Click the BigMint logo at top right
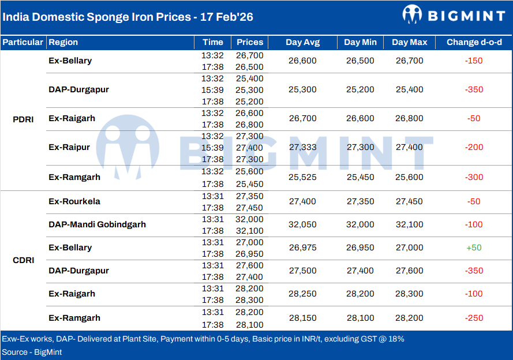point(453,15)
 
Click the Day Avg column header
point(302,42)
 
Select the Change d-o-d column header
point(474,42)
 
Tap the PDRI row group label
point(23,119)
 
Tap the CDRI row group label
point(23,260)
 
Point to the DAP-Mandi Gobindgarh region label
point(97,224)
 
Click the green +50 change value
point(474,247)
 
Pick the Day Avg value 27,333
point(302,147)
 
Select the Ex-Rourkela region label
point(74,201)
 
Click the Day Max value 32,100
point(409,224)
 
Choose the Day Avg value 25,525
point(302,177)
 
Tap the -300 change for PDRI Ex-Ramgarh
point(474,177)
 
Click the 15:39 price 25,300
point(249,90)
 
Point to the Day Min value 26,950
point(360,247)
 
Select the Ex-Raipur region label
point(69,147)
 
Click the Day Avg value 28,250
point(302,294)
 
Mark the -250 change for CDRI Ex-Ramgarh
point(474,318)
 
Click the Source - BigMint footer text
point(32,352)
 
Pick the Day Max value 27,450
point(409,201)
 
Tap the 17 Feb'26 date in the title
point(227,17)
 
